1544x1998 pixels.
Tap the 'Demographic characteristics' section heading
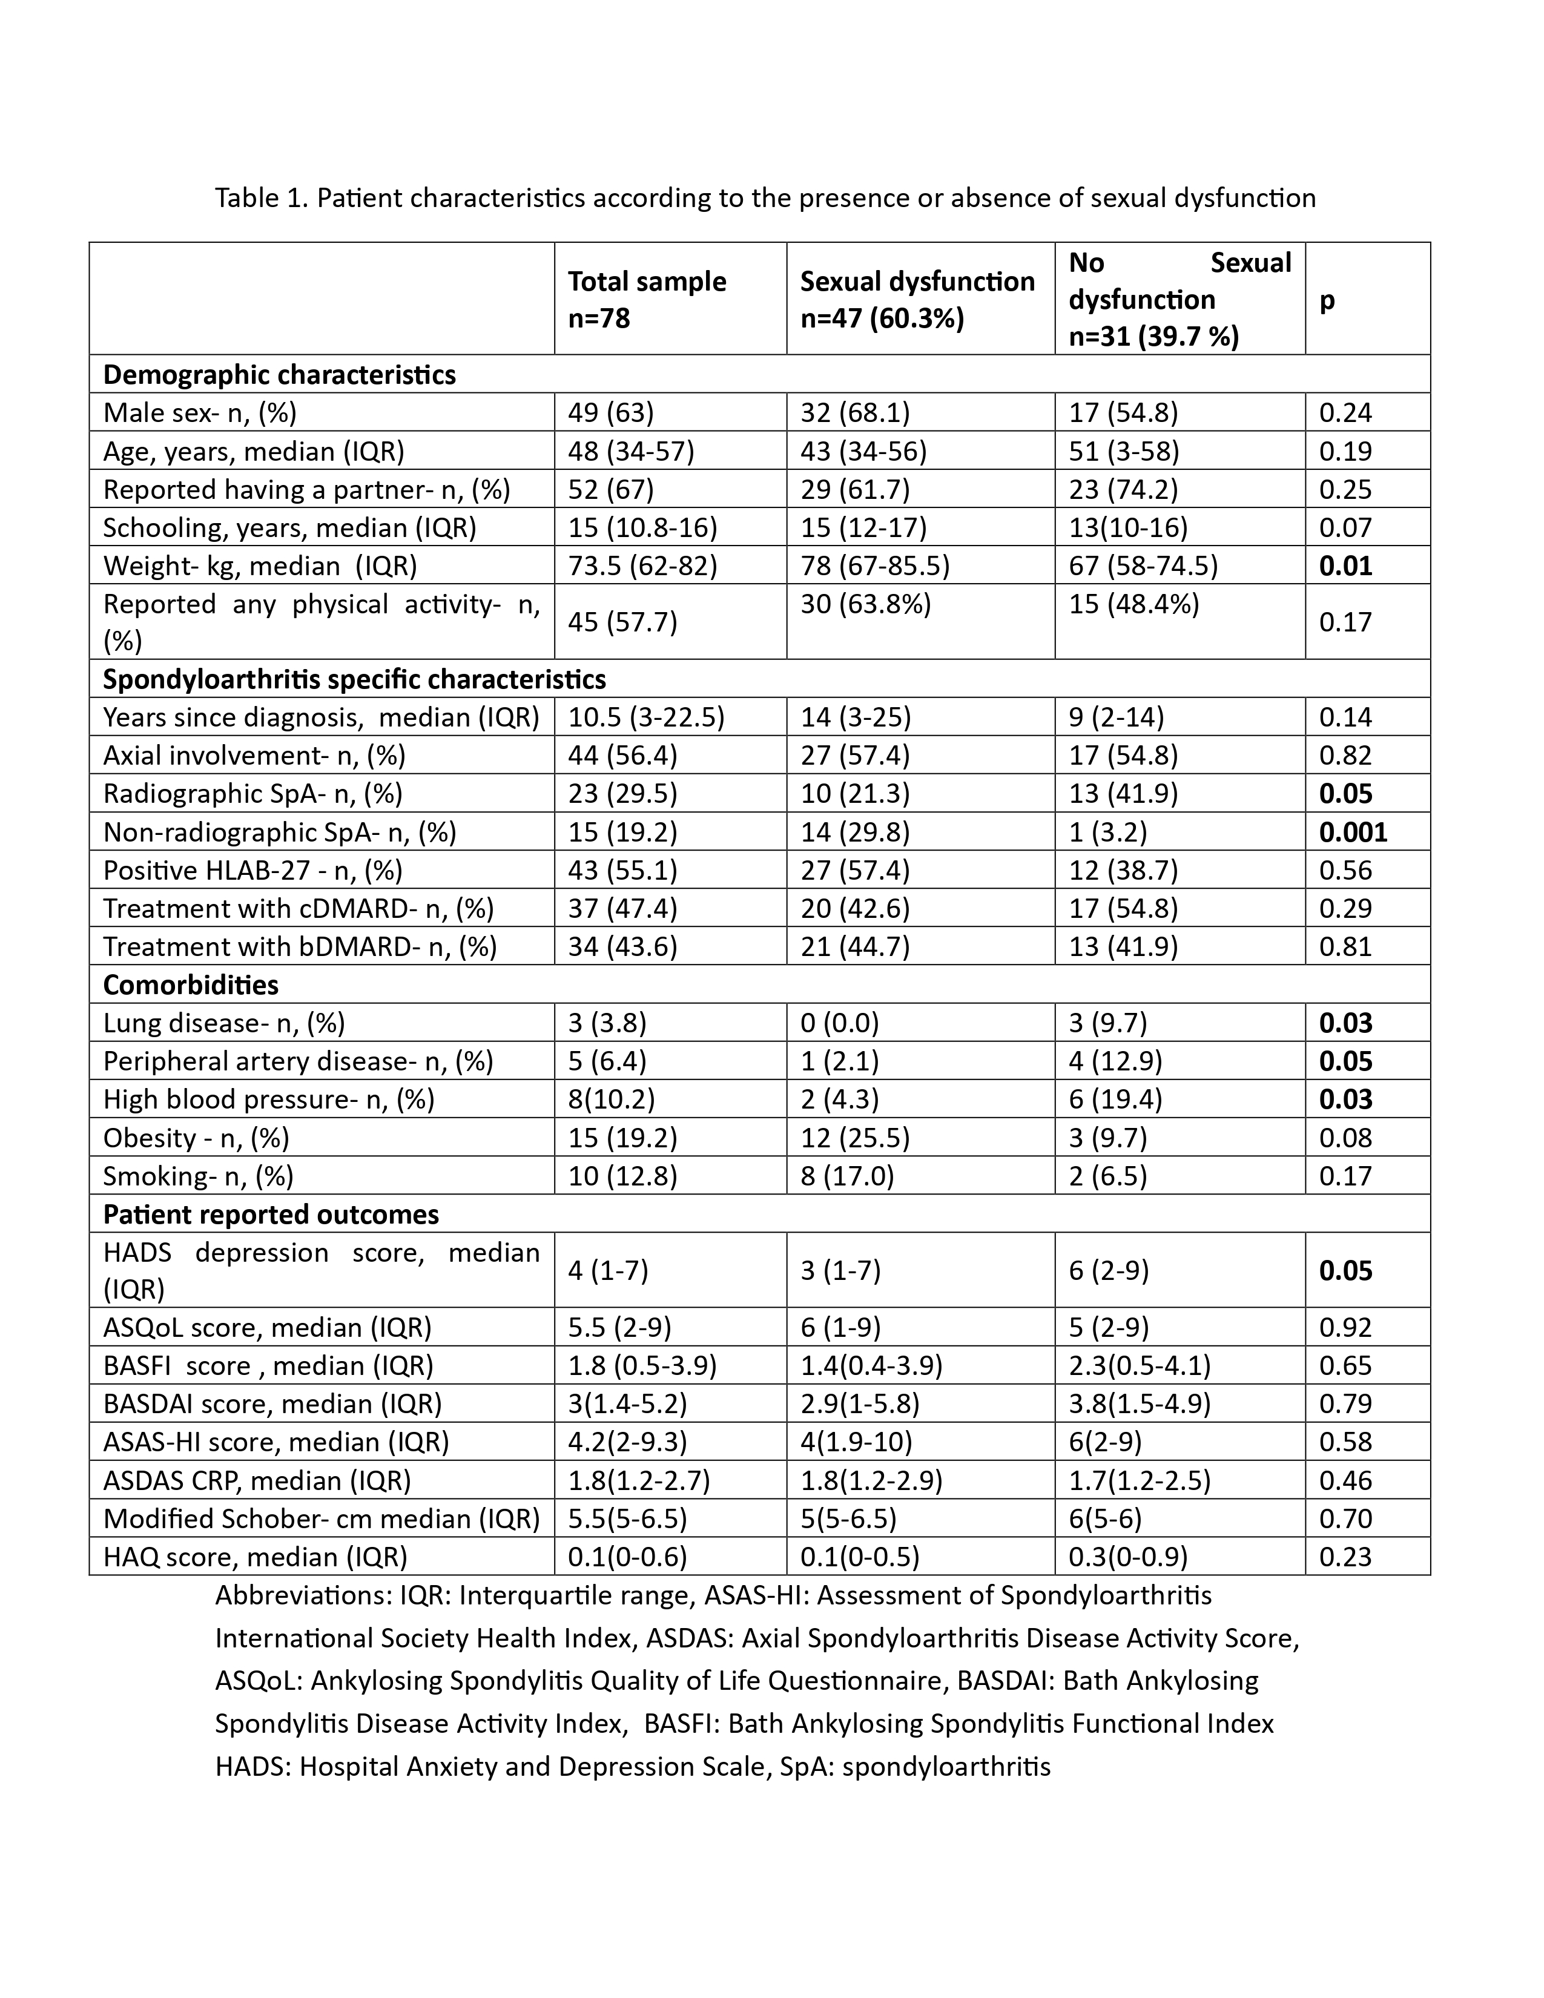click(x=279, y=375)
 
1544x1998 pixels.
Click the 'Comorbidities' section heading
click(x=190, y=984)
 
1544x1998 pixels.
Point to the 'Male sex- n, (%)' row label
click(x=199, y=412)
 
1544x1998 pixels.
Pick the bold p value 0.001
click(x=1353, y=831)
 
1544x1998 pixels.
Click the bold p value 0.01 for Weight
click(x=1345, y=565)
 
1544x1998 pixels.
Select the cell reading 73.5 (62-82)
click(x=642, y=565)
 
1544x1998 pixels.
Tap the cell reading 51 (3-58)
click(x=1123, y=451)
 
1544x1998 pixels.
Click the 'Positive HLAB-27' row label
click(x=252, y=870)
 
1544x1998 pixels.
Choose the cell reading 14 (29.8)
click(x=855, y=831)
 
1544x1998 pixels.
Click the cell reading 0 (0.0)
click(x=839, y=1023)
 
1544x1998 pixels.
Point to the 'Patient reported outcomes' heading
click(x=271, y=1214)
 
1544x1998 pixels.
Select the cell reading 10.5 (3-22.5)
click(x=646, y=717)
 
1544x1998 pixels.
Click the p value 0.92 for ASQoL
click(x=1345, y=1327)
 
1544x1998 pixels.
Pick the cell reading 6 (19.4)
click(x=1115, y=1099)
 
